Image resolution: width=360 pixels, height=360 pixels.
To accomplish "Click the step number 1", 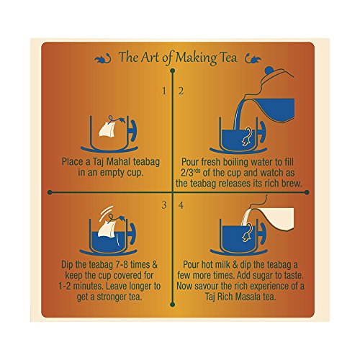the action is [164, 91].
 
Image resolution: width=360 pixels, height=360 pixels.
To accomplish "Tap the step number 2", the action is [181, 91].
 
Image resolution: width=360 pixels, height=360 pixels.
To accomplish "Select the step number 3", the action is [164, 205].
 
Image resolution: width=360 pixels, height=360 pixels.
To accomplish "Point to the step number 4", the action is [181, 205].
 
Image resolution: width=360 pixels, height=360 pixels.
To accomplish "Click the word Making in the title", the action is [196, 58].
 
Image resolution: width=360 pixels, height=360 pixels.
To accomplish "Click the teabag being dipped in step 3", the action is [107, 229].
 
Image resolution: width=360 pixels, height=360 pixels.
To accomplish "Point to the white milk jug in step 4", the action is [276, 219].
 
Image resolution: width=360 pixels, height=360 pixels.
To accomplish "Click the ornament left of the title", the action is [103, 58].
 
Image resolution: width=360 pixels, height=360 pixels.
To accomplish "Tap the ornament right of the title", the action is [253, 59].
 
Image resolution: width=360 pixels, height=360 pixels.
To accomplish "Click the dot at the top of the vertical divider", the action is [172, 71].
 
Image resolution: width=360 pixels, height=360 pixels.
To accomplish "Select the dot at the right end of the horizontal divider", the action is [307, 192].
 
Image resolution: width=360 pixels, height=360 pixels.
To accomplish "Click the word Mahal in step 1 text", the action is [118, 162].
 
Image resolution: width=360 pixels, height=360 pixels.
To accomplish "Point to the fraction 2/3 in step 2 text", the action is [187, 173].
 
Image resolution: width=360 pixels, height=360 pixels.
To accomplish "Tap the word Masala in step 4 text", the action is [248, 297].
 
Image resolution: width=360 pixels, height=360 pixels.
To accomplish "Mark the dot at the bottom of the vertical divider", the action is [172, 305].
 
